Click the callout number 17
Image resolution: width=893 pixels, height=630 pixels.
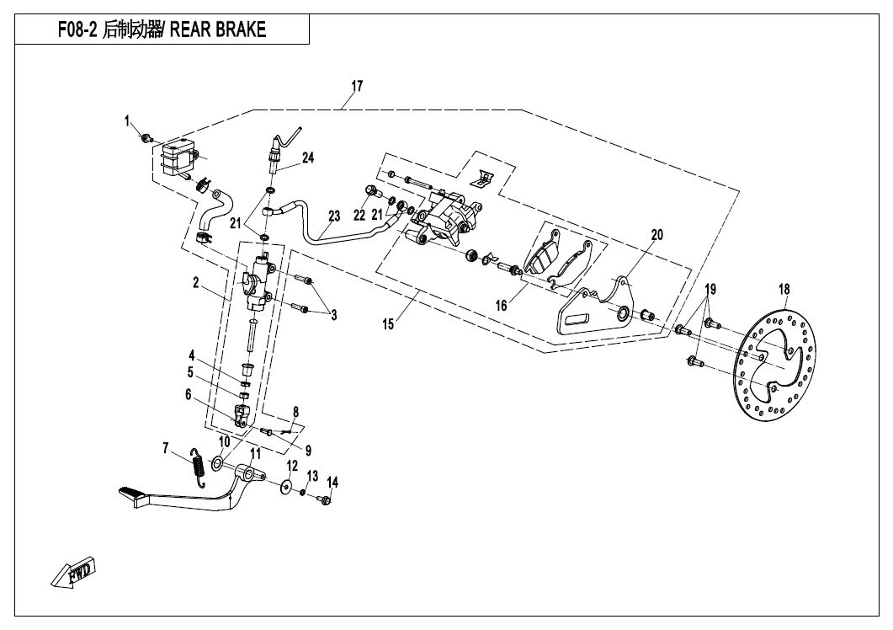coord(357,86)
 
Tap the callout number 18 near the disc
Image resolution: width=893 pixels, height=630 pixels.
coord(784,290)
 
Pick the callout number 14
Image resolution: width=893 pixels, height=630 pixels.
coord(332,482)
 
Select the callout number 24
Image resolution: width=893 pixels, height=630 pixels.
coord(307,157)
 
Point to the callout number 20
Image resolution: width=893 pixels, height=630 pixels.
coord(656,235)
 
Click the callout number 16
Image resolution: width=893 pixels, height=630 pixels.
coord(502,306)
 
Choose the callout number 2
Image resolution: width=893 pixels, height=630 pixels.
coord(195,283)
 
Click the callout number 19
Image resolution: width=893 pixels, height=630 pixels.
coord(710,289)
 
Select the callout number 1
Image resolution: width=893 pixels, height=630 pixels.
coord(129,121)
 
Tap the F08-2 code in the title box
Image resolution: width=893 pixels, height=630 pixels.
coord(77,30)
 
